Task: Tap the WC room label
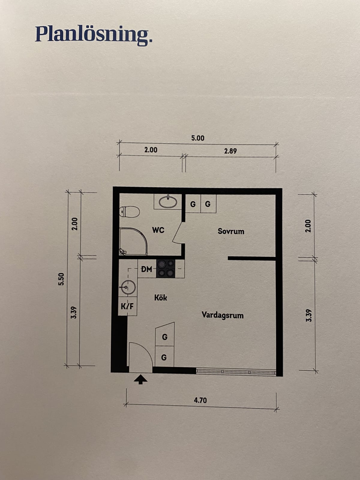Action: pyautogui.click(x=158, y=230)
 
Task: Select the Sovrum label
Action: pyautogui.click(x=231, y=231)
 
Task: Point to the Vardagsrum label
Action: pyautogui.click(x=223, y=315)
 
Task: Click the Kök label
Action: pyautogui.click(x=160, y=297)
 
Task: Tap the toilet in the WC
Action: pyautogui.click(x=129, y=212)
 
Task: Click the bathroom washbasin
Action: pyautogui.click(x=168, y=201)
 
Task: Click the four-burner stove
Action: pyautogui.click(x=166, y=268)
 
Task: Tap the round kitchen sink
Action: pyautogui.click(x=128, y=287)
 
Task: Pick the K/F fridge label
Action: pyautogui.click(x=127, y=306)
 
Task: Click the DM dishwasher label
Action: pyautogui.click(x=146, y=269)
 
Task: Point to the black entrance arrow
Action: pyautogui.click(x=140, y=379)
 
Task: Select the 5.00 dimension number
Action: pyautogui.click(x=198, y=138)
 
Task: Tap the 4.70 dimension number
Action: pyautogui.click(x=200, y=400)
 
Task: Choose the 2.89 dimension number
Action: pyautogui.click(x=230, y=151)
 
